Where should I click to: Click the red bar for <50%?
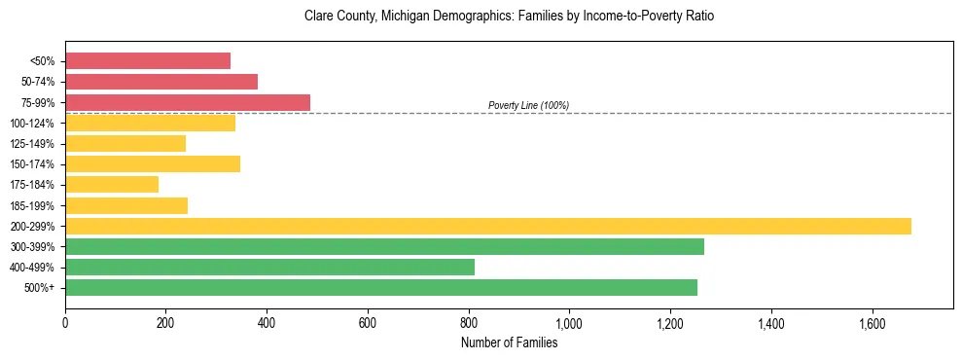pos(148,61)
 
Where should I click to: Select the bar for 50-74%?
pos(161,82)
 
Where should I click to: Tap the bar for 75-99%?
pos(188,102)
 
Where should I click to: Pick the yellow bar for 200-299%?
pos(488,226)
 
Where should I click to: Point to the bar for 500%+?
pos(381,287)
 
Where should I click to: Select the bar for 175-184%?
pos(112,184)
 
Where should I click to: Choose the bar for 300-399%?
pos(384,246)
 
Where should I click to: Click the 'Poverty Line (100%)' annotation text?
pos(528,105)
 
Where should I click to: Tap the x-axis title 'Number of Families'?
pos(509,342)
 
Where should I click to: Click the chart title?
pos(509,17)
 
